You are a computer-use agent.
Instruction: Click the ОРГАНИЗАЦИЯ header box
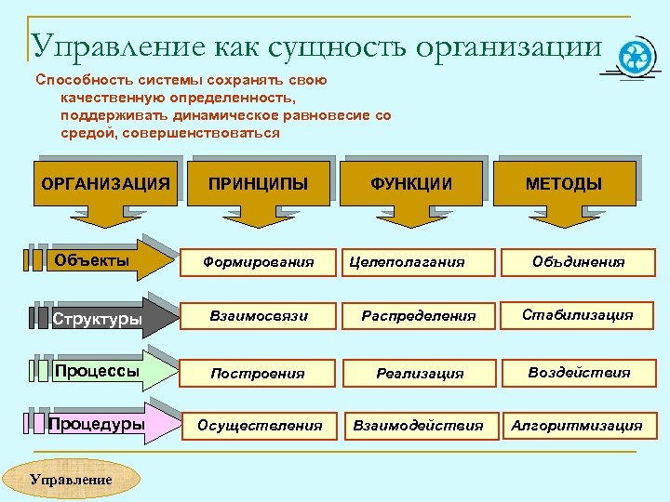(105, 183)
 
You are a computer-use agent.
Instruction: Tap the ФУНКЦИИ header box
(411, 183)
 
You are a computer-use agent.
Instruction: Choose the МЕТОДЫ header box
(564, 183)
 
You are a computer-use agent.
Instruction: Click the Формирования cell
(259, 262)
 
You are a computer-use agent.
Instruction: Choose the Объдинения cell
(579, 262)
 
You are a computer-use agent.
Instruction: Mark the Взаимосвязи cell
(259, 316)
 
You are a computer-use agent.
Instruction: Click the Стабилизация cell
(578, 315)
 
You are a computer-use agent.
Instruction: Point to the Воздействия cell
(579, 372)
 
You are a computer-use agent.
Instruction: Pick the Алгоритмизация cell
(576, 426)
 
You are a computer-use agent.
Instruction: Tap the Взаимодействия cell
(419, 426)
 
